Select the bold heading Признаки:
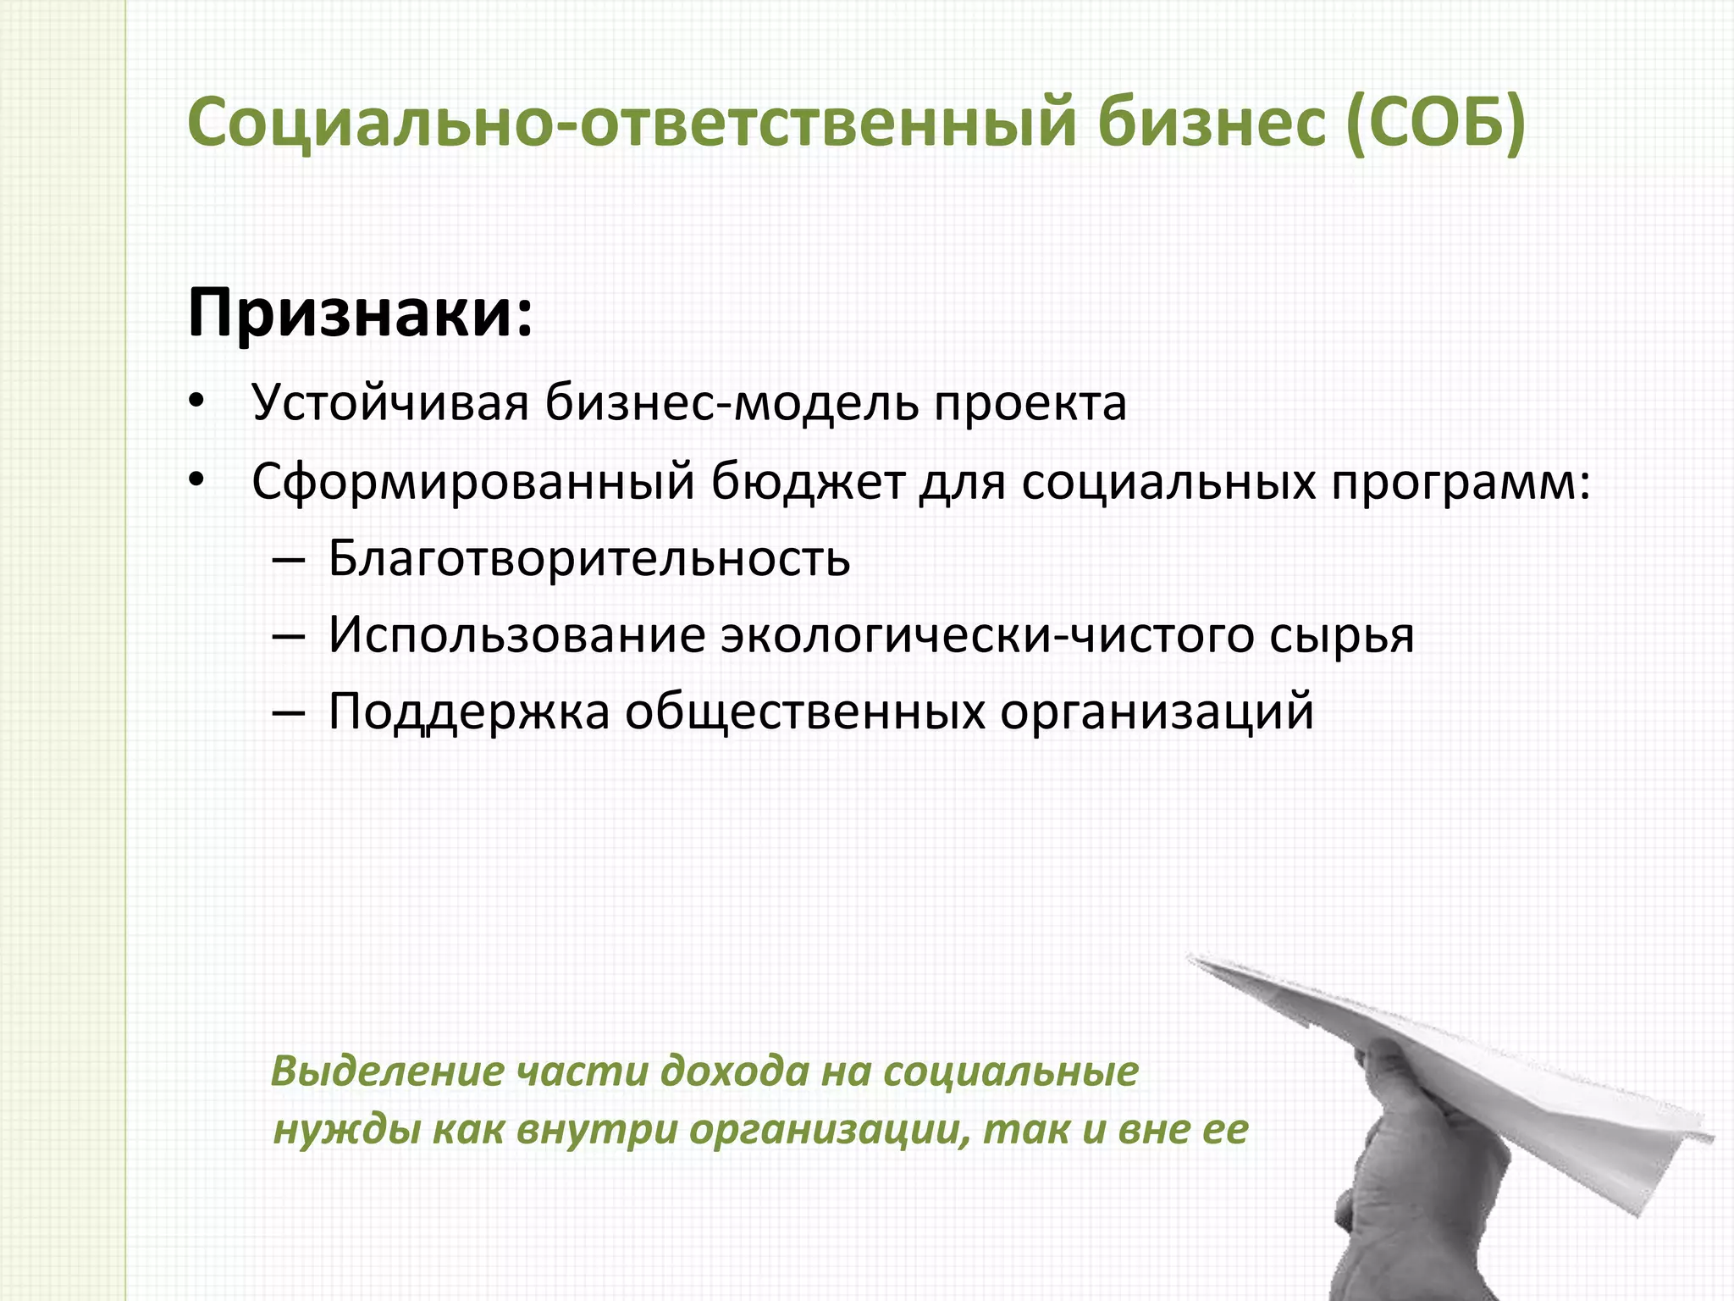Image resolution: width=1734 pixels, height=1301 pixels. point(360,313)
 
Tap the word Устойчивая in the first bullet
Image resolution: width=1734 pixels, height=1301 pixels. point(389,403)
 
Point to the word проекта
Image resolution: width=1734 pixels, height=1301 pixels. point(1030,403)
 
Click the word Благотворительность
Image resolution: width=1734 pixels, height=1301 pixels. point(588,558)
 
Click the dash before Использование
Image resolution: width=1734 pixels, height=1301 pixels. point(289,635)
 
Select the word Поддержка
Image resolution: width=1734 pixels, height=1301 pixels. point(468,711)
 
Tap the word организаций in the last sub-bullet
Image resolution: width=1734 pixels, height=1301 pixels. point(1157,711)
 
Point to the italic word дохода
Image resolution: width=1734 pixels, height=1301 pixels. point(735,1071)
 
